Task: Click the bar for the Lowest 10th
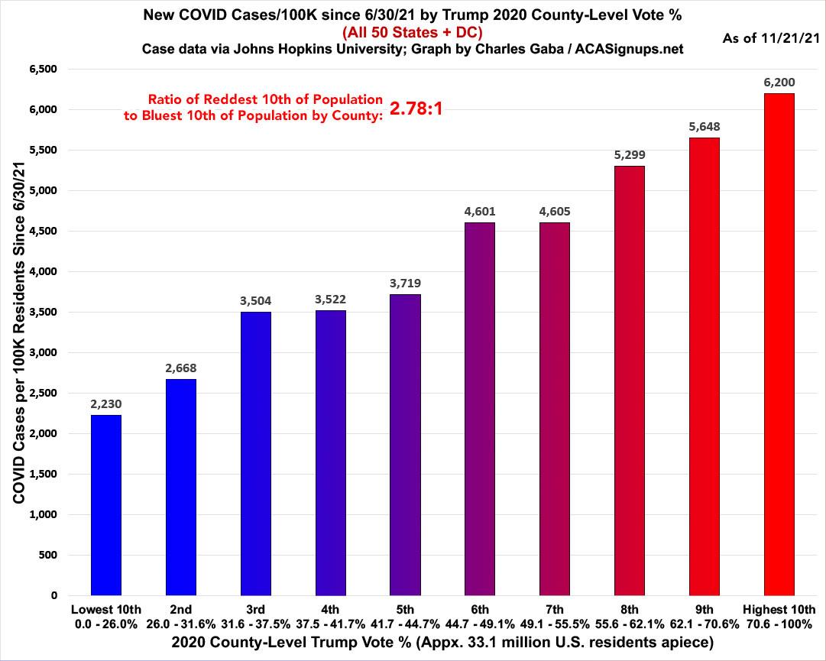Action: tap(105, 504)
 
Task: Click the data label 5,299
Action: tap(630, 154)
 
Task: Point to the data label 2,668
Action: tap(180, 368)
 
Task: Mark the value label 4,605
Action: tap(555, 211)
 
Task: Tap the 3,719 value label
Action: tap(405, 283)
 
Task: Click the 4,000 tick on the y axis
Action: tap(44, 271)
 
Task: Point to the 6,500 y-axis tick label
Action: tap(44, 70)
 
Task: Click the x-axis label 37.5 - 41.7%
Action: tap(330, 623)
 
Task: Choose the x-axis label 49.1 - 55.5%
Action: tap(555, 623)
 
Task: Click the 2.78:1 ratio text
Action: tap(416, 109)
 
